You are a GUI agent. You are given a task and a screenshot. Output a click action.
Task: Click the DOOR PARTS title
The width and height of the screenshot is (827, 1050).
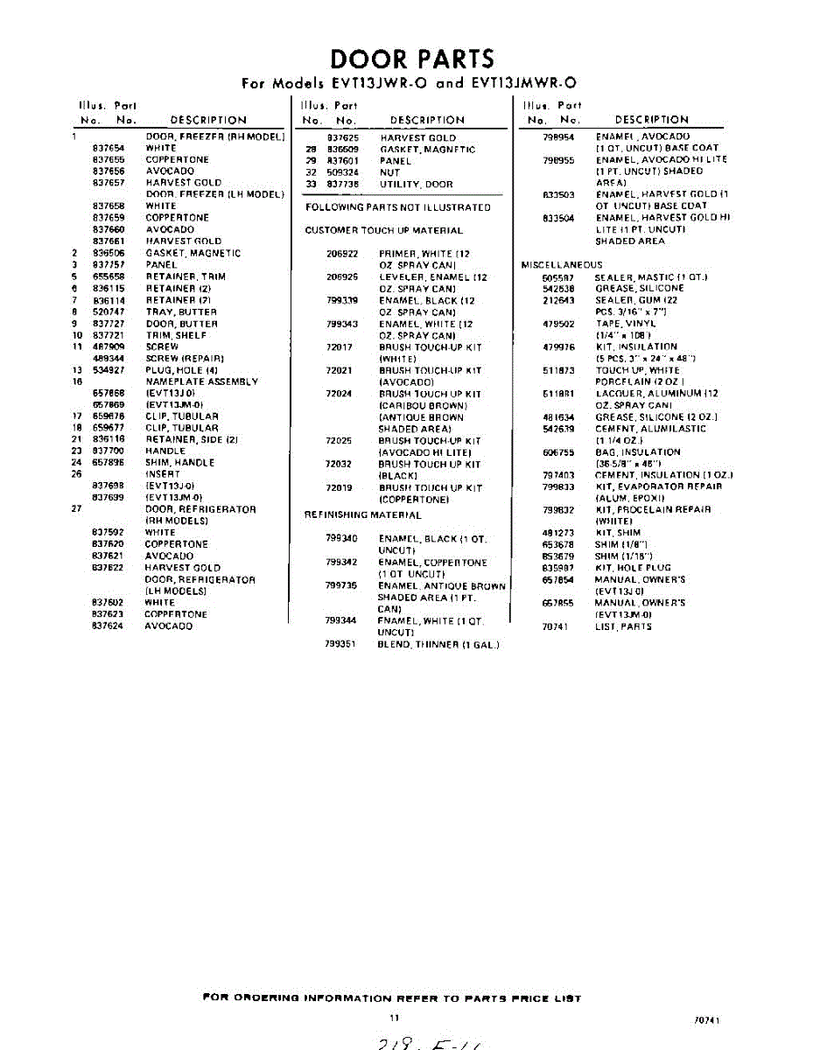pos(412,59)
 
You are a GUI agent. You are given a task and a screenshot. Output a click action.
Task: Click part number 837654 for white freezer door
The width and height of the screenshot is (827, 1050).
pos(109,149)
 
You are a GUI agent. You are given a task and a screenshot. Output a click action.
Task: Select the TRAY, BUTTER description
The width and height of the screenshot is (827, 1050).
pos(181,311)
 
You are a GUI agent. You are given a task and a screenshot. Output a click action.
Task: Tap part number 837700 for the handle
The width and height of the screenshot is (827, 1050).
pos(109,451)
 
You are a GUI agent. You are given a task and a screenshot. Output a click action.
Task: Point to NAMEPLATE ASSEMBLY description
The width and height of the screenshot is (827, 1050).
pos(202,381)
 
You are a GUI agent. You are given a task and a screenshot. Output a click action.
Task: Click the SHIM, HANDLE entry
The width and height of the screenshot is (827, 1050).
pos(179,462)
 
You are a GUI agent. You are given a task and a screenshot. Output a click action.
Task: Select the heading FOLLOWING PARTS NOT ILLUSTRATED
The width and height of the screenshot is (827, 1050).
pos(397,207)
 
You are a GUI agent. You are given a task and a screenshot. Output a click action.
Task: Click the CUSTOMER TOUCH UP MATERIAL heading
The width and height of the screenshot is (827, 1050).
pos(383,230)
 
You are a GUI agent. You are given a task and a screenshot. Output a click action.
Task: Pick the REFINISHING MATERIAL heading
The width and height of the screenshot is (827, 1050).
pos(362,514)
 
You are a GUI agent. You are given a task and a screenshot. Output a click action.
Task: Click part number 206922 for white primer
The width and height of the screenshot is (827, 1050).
pos(341,254)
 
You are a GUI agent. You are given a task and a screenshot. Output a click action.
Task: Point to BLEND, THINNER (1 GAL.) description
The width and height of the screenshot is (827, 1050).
pos(438,644)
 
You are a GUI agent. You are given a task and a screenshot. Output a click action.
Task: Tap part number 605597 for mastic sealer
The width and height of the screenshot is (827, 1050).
pos(557,276)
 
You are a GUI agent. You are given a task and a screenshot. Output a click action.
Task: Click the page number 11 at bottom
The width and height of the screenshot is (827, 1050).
pos(395,1018)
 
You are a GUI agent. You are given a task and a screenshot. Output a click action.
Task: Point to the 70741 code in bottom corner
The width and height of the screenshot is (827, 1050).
pos(707,1020)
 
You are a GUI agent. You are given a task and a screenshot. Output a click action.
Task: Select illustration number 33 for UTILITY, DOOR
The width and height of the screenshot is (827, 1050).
pos(309,184)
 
